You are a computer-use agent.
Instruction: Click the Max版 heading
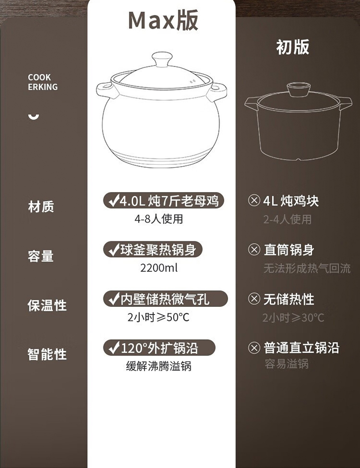tap(163, 20)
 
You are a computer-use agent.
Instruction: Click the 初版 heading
tap(293, 47)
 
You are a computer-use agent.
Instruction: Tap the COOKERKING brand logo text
tap(43, 82)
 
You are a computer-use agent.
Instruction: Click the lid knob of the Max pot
tap(162, 59)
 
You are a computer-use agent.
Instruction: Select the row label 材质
tap(41, 207)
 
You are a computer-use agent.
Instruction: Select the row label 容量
tap(41, 256)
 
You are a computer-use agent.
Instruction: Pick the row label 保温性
tap(47, 305)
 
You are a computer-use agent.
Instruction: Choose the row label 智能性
tap(47, 355)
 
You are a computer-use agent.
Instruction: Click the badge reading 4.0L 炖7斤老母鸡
tap(164, 201)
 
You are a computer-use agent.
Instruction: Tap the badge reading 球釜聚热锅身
tap(153, 249)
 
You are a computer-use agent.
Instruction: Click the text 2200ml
tap(159, 268)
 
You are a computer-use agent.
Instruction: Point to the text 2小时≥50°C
tap(158, 317)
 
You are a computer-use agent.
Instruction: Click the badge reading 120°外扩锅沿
tap(159, 348)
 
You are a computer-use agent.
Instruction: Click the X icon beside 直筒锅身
tap(254, 249)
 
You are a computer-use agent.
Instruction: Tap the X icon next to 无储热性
tap(254, 299)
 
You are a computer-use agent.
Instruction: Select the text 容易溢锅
tap(287, 364)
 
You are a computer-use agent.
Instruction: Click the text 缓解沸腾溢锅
tap(159, 366)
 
